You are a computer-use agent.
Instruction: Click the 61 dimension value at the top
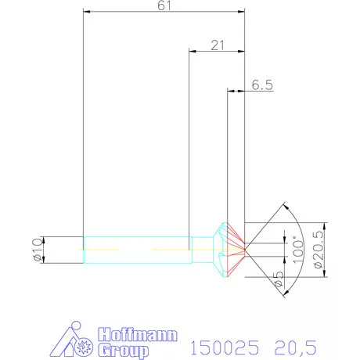[x=165, y=6]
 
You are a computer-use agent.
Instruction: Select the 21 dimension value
[x=218, y=45]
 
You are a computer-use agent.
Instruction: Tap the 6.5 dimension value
[x=262, y=86]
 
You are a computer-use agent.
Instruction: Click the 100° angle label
[x=295, y=250]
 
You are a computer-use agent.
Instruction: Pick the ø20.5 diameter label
[x=317, y=250]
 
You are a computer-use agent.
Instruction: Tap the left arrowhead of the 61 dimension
[x=87, y=12]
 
